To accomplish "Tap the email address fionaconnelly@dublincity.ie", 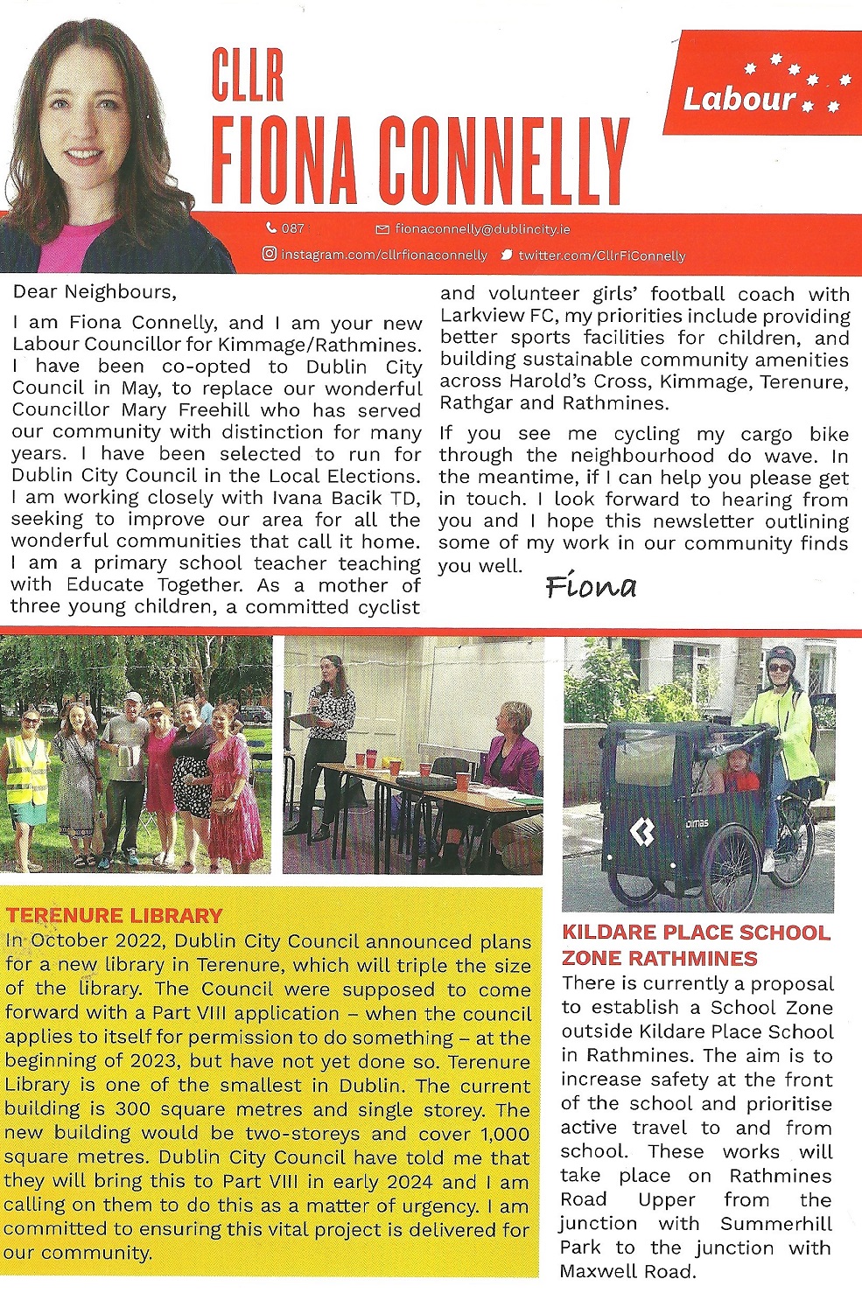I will [x=482, y=229].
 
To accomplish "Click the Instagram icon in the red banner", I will [x=270, y=255].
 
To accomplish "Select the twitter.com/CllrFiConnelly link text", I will [x=601, y=256].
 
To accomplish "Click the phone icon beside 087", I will [x=271, y=228].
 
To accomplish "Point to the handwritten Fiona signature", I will [x=591, y=586].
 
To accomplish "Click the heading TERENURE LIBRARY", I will [x=115, y=916].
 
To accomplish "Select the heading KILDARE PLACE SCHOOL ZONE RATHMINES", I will [x=696, y=945].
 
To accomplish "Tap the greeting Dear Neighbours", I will [x=95, y=291].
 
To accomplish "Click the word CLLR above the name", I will [x=248, y=76].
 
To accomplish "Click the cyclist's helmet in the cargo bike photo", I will [x=781, y=656].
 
